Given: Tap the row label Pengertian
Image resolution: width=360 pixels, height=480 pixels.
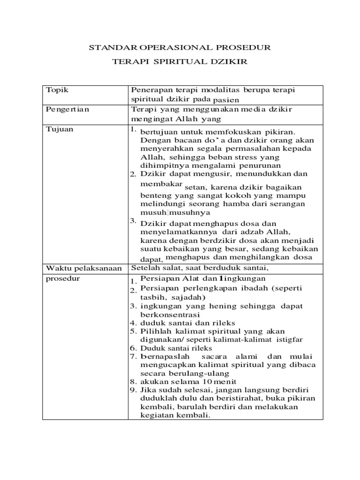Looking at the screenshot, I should point(67,109).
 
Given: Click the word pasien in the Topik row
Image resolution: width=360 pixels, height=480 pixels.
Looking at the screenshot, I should point(226,100).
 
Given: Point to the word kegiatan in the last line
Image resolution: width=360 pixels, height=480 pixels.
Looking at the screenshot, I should point(157,415).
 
